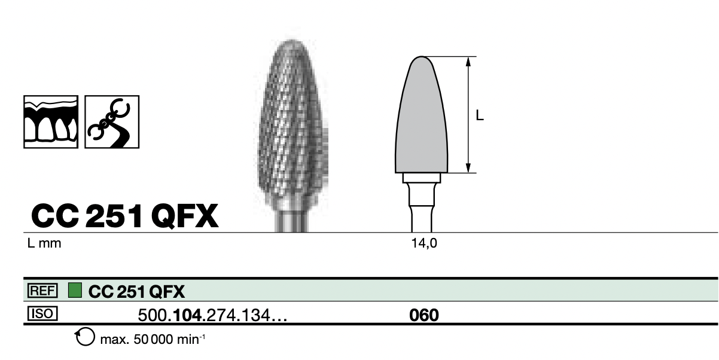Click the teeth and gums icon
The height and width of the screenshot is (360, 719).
pos(51,121)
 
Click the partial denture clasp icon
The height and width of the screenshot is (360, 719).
pos(112,121)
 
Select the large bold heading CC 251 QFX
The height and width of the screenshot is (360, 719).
pos(124,216)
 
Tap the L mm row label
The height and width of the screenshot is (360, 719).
pos(44,243)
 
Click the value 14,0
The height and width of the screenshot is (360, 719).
pos(424,243)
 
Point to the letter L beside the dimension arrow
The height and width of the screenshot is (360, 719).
pos(480,115)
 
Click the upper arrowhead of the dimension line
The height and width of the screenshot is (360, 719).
pos(468,62)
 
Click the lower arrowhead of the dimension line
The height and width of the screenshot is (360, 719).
pos(468,168)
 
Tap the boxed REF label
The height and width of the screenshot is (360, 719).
pos(42,291)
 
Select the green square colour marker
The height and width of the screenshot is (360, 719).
pos(75,290)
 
